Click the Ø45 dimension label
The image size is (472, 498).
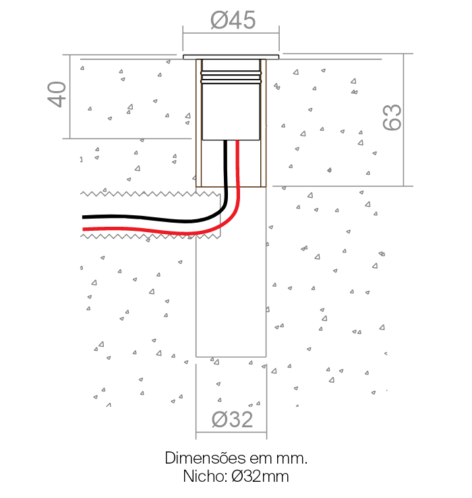[233, 20]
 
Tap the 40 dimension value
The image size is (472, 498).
[57, 94]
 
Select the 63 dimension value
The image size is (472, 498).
[392, 117]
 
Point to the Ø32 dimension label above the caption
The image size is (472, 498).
[232, 419]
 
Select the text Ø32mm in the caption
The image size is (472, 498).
[260, 476]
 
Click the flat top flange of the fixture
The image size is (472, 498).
[231, 57]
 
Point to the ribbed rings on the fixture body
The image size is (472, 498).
[231, 77]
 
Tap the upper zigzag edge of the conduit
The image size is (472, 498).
[150, 194]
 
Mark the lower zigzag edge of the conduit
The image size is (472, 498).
[150, 236]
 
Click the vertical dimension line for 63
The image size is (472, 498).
[403, 119]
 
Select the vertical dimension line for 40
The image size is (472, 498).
[70, 96]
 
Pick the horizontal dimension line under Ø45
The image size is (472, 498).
[231, 32]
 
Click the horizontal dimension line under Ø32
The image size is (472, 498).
[231, 432]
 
